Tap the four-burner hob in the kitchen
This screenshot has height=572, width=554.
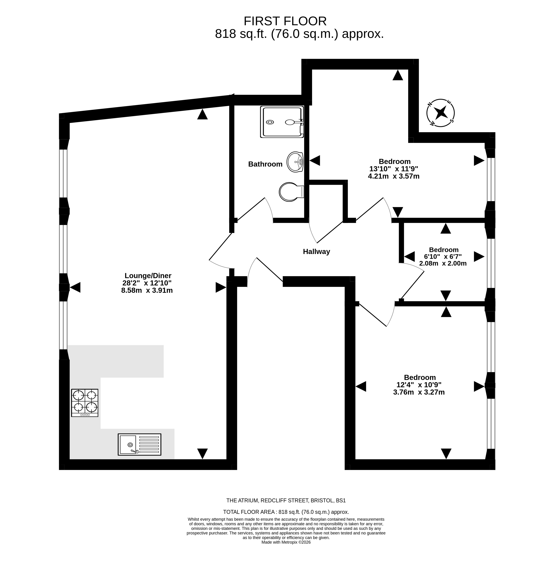[85, 403]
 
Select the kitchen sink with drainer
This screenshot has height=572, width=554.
[139, 444]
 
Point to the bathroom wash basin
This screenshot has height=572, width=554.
[295, 162]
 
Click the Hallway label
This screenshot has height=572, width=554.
[316, 252]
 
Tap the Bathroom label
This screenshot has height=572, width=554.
[265, 164]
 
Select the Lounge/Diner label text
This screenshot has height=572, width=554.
[148, 276]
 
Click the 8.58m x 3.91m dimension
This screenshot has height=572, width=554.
[147, 290]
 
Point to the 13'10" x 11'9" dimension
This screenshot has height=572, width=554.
[394, 169]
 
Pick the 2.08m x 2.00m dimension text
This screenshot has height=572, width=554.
[443, 263]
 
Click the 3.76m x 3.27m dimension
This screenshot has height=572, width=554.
[419, 392]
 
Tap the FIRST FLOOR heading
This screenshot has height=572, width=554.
[285, 21]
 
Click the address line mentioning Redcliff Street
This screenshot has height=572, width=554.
[286, 501]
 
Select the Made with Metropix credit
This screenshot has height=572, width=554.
[286, 542]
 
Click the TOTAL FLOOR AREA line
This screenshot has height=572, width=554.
[286, 512]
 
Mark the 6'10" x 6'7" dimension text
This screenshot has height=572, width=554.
[443, 256]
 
